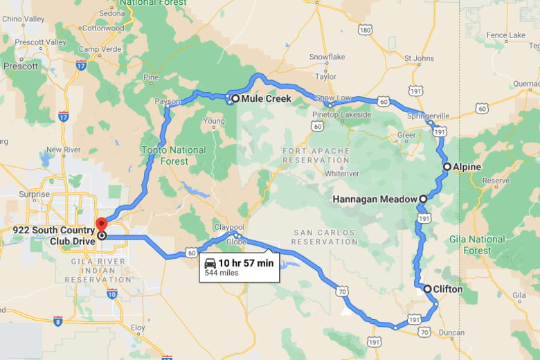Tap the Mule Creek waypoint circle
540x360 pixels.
[235, 99]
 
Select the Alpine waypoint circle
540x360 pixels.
[447, 167]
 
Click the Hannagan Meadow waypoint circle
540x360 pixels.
[422, 199]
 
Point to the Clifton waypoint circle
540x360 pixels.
[427, 289]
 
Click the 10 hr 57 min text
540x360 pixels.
[246, 263]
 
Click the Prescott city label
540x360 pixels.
[21, 66]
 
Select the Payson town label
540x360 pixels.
[168, 102]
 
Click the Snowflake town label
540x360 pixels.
[327, 56]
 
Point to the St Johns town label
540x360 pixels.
[418, 57]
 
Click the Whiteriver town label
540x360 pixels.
[337, 173]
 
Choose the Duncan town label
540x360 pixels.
[452, 332]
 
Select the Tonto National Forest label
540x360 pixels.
[174, 156]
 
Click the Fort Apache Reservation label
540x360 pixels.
[315, 156]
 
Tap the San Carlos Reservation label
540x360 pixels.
[315, 237]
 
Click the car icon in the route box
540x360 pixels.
[210, 263]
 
